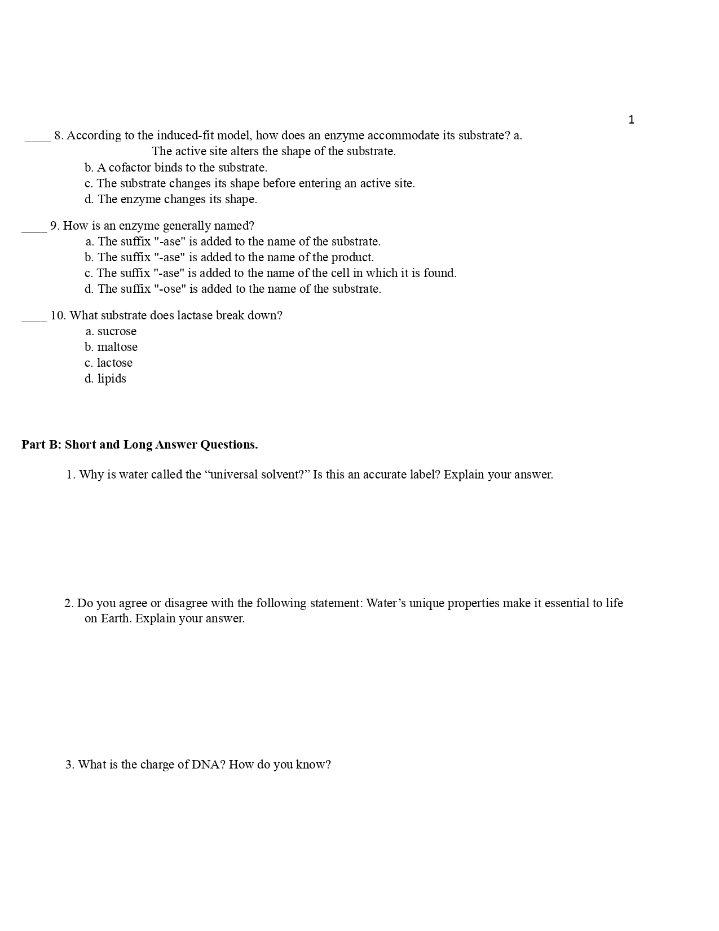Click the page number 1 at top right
click(631, 120)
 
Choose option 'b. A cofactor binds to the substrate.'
click(176, 168)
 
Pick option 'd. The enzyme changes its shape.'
click(171, 199)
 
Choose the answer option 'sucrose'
click(117, 331)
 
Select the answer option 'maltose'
click(117, 347)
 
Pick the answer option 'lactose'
click(114, 363)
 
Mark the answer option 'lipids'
click(112, 379)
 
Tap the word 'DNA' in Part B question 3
click(208, 765)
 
